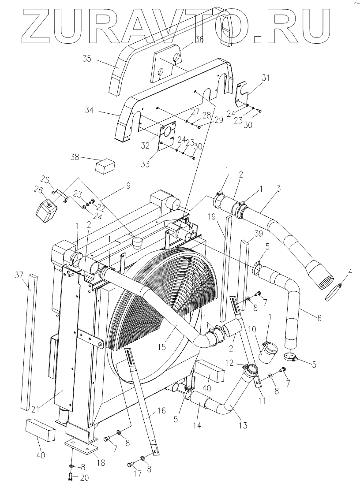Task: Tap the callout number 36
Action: click(199, 40)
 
